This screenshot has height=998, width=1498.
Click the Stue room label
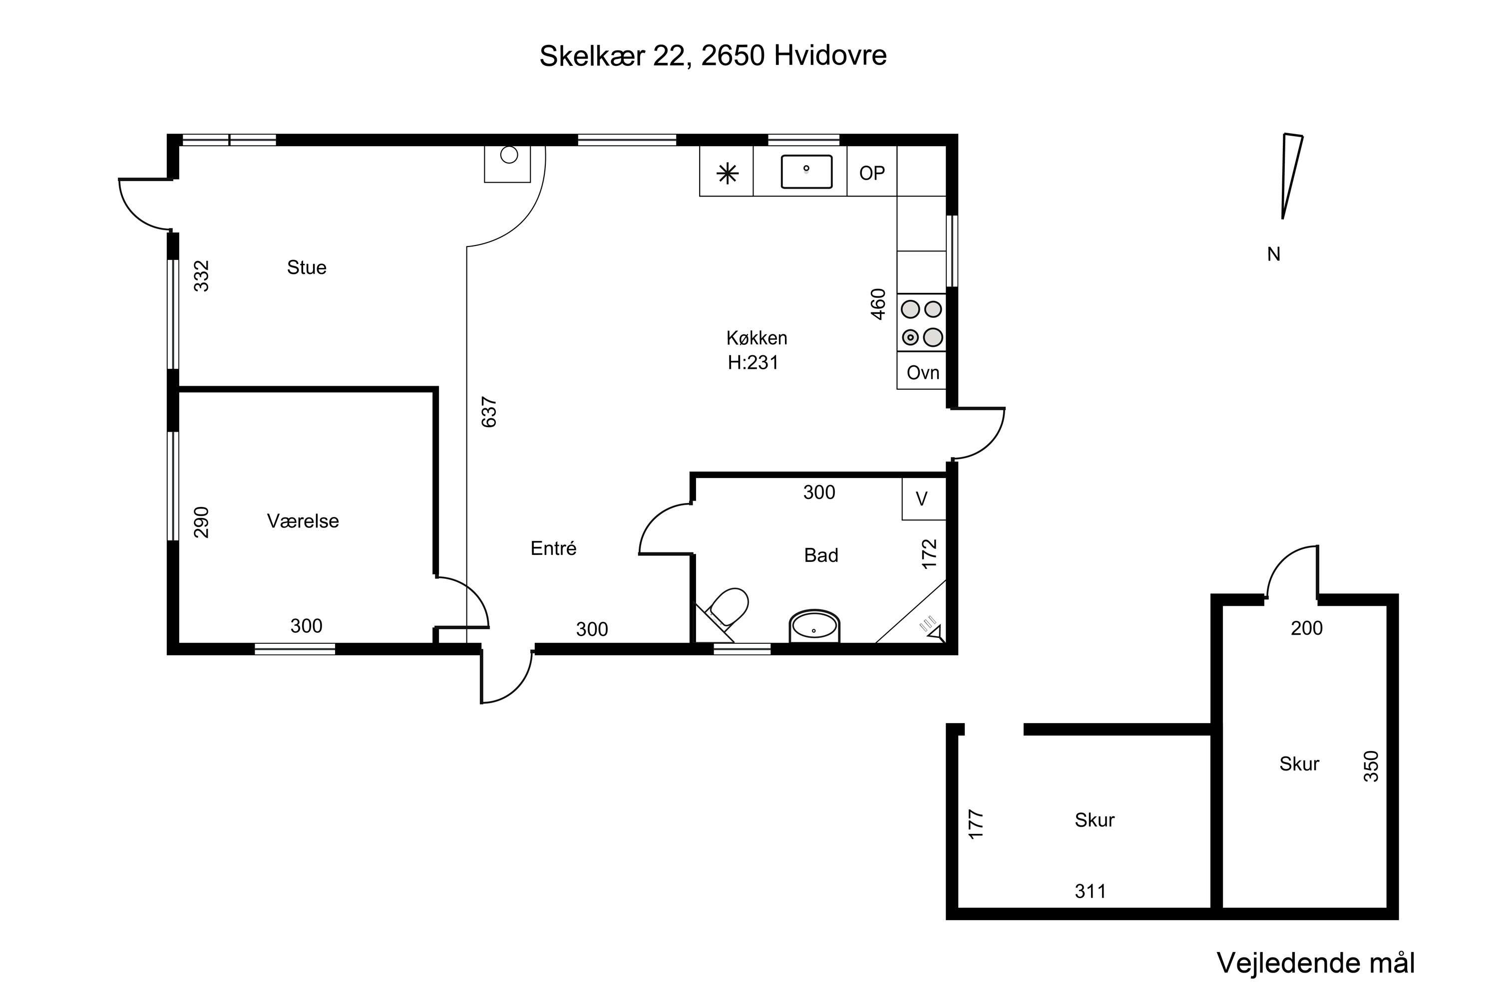(x=307, y=267)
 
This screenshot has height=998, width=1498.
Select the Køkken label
(x=756, y=337)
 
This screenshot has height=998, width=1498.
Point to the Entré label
(x=553, y=548)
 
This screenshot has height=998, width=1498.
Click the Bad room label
(x=821, y=555)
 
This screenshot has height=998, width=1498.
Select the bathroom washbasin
(x=814, y=626)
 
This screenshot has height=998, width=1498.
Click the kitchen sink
(x=806, y=171)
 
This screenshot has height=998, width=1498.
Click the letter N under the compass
(x=1274, y=254)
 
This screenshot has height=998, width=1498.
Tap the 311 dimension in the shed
(x=1091, y=891)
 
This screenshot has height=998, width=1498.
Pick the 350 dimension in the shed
(x=1371, y=766)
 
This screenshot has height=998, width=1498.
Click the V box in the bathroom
(x=923, y=499)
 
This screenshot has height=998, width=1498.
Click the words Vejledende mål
(x=1316, y=963)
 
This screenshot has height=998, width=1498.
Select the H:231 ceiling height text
(x=753, y=362)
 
